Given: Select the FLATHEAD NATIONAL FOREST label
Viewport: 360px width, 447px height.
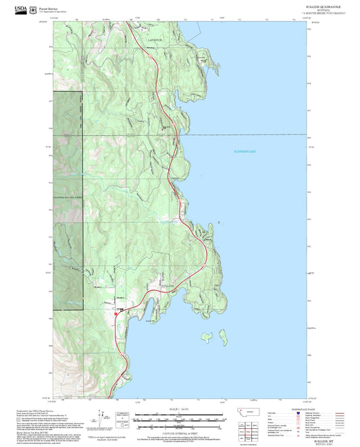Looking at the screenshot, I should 68,196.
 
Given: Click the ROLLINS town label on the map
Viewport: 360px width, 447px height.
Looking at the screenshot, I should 166,288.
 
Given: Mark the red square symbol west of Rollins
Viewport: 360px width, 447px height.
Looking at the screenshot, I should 115,312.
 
